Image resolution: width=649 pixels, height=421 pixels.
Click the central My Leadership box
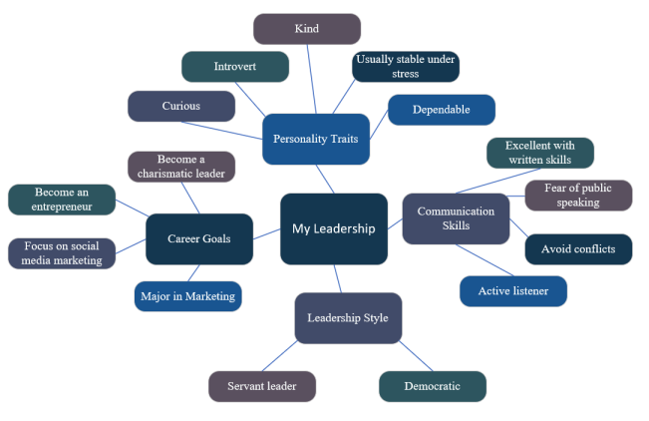334,228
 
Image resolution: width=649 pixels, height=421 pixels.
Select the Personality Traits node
315,139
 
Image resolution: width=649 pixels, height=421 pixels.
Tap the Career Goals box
198,239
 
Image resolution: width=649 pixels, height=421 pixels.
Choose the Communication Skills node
456,218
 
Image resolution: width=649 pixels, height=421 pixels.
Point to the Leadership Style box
348,318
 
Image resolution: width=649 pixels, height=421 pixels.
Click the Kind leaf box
307,29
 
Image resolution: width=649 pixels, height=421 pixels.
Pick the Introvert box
235,67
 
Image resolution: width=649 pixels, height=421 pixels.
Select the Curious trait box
181,106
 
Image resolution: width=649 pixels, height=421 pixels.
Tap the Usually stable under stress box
406,67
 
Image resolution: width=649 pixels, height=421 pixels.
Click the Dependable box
442,110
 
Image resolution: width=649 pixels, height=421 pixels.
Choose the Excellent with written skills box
540,153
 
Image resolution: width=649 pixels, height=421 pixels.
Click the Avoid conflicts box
578,248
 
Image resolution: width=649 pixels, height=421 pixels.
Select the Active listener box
513,290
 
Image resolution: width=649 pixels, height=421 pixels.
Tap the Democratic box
433,386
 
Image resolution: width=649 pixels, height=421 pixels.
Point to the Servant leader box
262,386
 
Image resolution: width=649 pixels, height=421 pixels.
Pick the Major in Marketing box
187,295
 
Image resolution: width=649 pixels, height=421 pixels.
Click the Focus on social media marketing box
61,253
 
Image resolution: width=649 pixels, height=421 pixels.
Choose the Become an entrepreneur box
61,200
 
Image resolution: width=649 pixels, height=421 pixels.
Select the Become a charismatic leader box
181,167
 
